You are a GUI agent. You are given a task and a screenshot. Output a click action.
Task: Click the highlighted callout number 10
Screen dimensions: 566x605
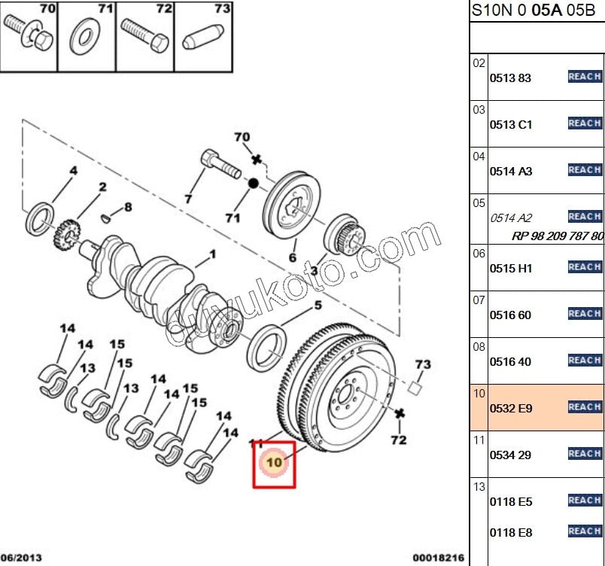[x=273, y=461]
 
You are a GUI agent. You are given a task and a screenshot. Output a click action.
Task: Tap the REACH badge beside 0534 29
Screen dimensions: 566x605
[x=585, y=453]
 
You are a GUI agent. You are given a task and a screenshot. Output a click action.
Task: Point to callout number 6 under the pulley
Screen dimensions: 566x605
[x=292, y=257]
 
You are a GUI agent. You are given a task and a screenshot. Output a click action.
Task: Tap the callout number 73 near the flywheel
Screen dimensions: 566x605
[x=423, y=364]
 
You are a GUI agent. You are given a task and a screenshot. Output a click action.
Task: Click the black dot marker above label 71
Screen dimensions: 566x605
[x=254, y=183]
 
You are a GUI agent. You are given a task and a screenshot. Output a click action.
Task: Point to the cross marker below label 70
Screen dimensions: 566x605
[x=256, y=159]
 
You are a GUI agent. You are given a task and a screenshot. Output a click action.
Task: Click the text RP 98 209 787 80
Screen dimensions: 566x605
[x=558, y=236]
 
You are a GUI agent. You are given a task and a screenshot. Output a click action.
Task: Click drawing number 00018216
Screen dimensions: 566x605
[x=438, y=558]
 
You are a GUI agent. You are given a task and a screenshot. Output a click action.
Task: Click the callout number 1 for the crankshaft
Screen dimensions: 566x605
[x=212, y=254]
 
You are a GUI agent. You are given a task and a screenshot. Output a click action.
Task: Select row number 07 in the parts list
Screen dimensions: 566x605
[x=479, y=300]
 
